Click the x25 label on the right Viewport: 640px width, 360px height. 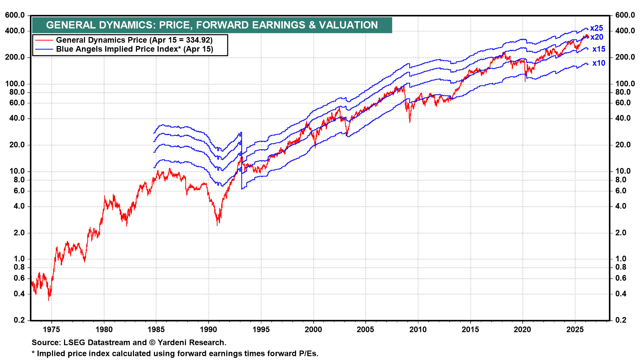596,28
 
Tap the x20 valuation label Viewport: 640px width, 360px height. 597,37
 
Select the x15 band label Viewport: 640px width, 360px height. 599,49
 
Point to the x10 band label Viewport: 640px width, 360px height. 599,63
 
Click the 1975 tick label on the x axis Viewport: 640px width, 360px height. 52,330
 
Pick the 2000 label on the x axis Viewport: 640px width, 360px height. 313,330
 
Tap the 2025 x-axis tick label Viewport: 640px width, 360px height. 575,330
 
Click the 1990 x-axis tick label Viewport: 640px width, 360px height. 209,330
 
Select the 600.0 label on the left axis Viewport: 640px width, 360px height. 15,15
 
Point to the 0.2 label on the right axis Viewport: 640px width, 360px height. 621,320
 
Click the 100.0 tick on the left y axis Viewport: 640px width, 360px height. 15,84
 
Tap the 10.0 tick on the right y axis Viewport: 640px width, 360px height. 623,171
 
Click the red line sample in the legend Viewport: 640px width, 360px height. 44,40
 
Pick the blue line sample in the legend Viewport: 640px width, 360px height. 44,49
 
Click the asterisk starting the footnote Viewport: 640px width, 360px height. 33,353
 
